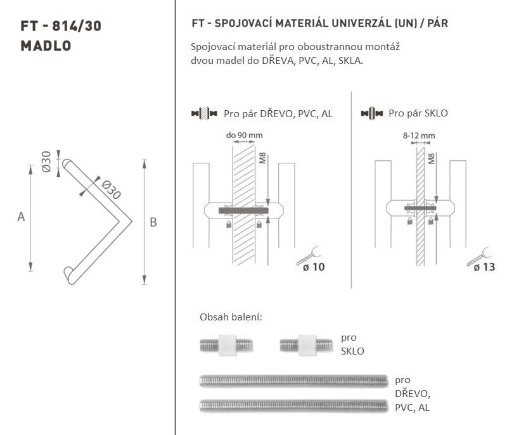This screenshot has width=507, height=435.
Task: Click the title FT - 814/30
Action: [61, 26]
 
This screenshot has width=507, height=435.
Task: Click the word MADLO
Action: [46, 46]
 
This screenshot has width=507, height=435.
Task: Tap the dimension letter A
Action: [21, 217]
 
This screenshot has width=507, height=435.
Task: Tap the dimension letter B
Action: [153, 222]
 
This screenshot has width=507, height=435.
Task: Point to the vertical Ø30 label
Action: [46, 161]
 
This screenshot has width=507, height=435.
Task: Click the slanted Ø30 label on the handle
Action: [112, 189]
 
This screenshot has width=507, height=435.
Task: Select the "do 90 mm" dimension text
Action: [244, 135]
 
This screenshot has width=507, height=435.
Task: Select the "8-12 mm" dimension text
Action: [419, 136]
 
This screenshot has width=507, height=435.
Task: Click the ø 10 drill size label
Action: [314, 267]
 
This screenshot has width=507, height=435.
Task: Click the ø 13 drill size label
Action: [484, 267]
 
